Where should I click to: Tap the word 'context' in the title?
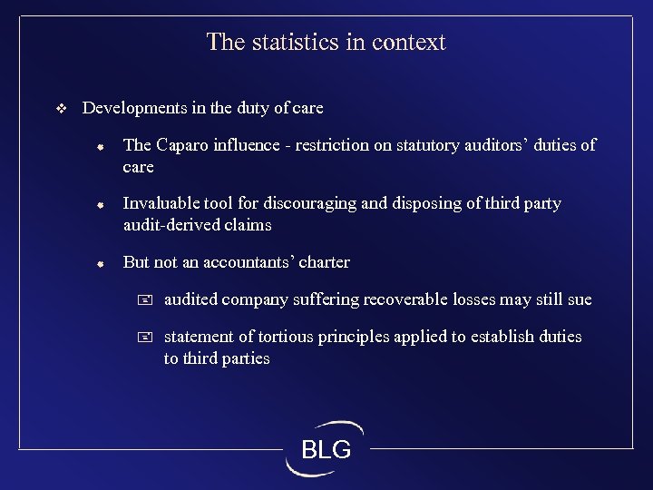pos(408,42)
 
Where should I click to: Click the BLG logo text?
pos(326,449)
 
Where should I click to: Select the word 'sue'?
pos(579,299)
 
